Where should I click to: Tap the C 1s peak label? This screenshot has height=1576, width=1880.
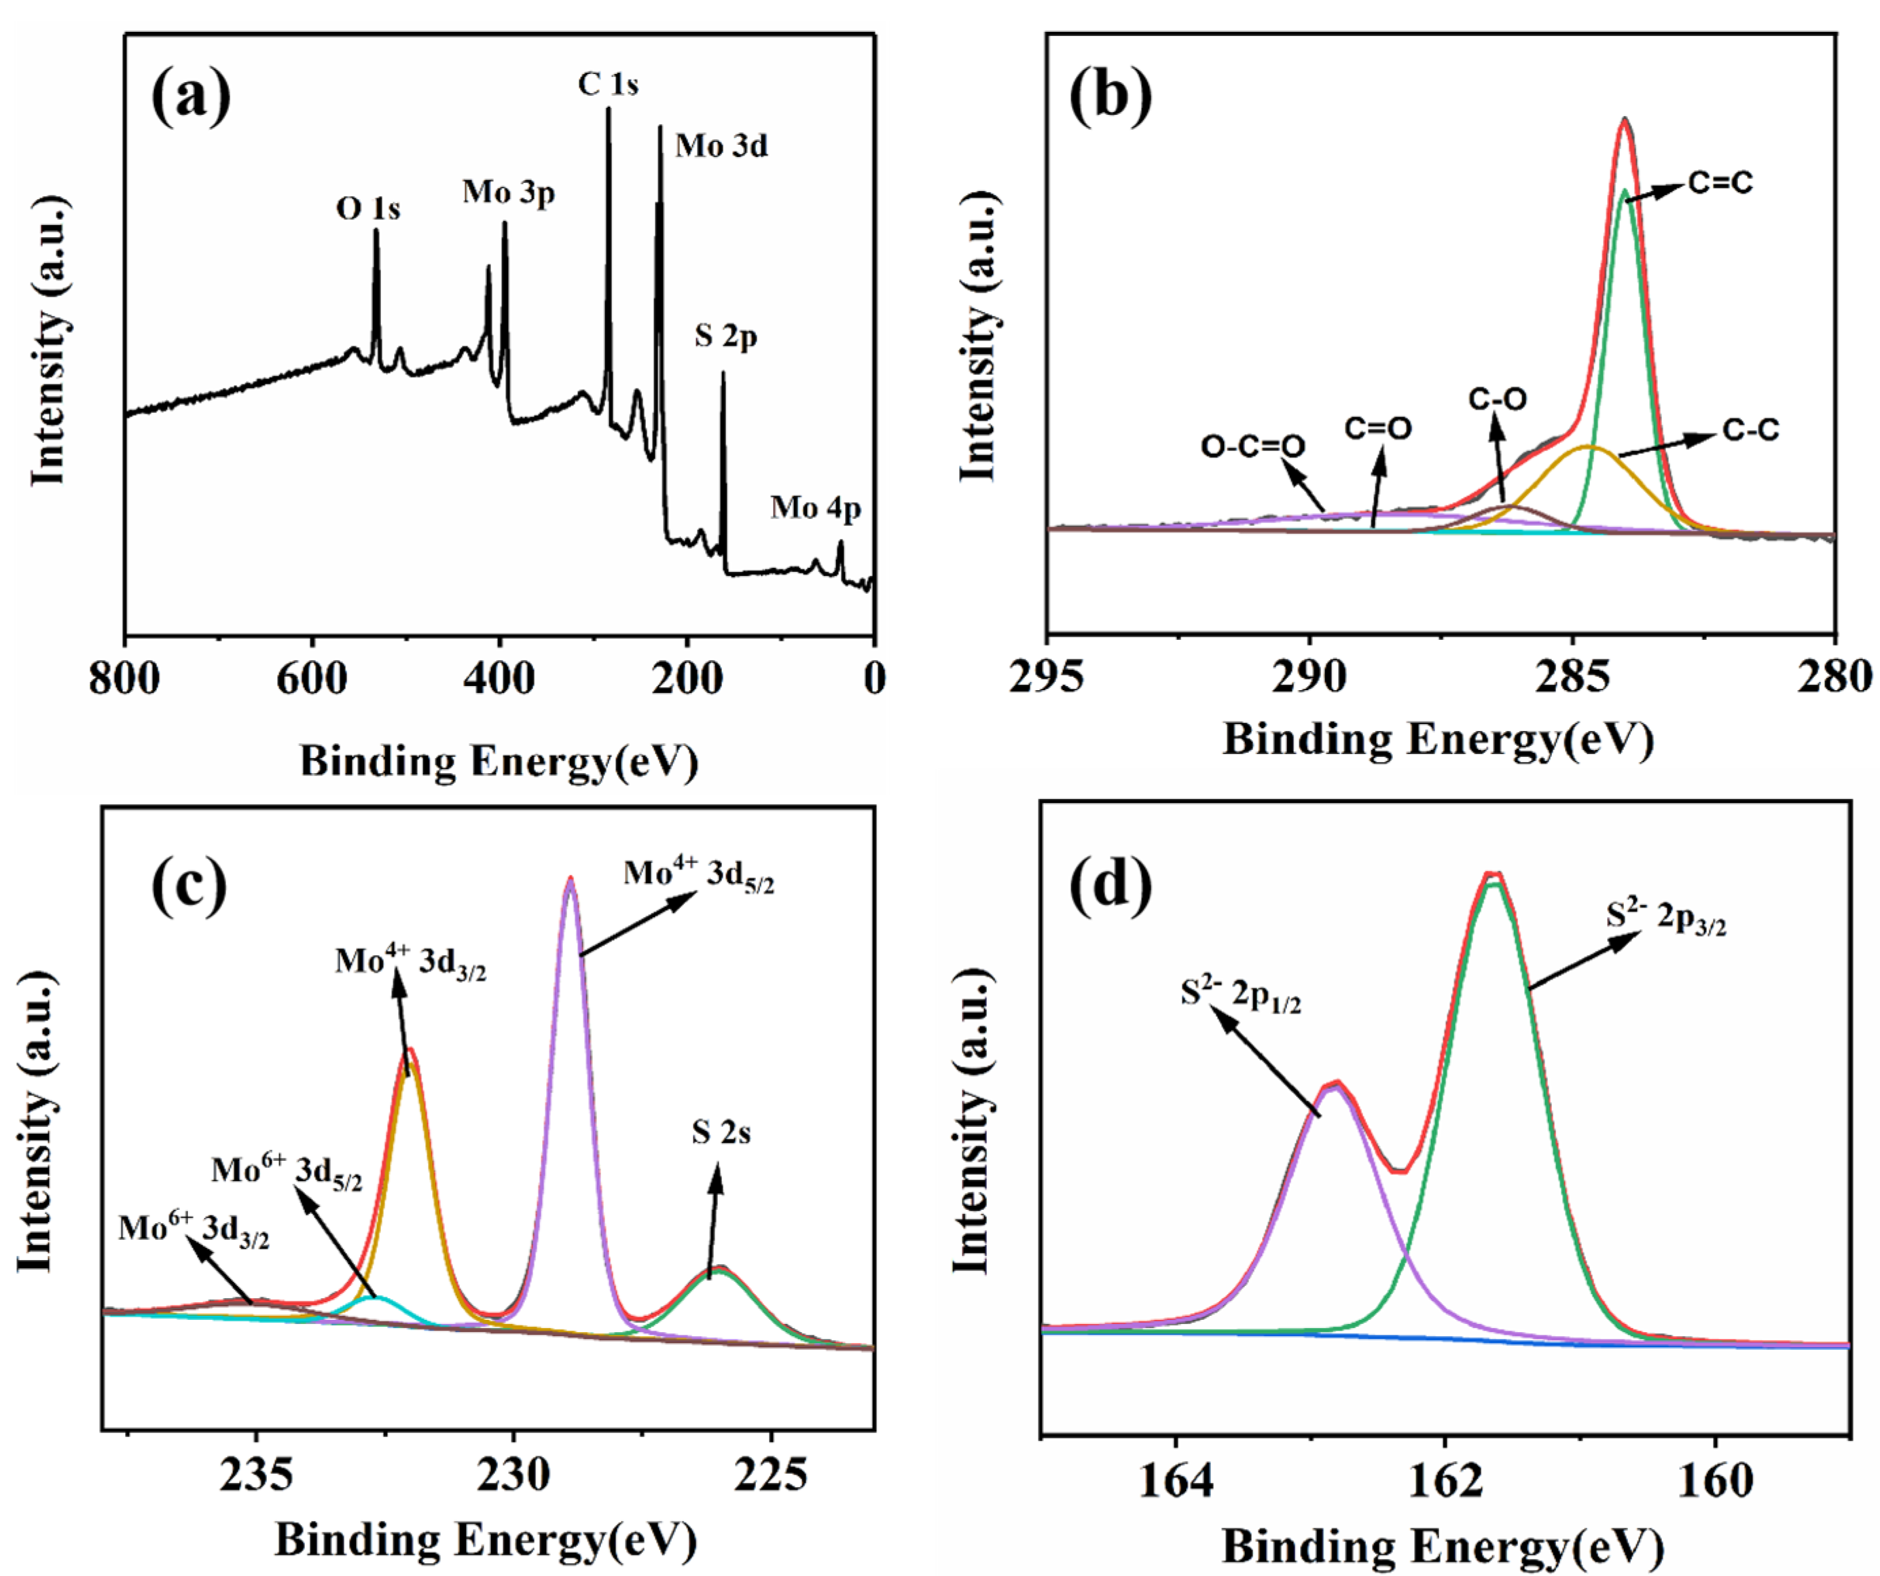[608, 84]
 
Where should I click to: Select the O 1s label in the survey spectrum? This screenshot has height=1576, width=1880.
[368, 209]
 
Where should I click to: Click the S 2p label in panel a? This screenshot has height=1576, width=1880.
[726, 337]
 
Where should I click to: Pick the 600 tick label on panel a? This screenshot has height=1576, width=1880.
[312, 679]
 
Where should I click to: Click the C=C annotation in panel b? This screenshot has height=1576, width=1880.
[1720, 183]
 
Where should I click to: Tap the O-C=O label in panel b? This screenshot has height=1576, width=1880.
[1252, 446]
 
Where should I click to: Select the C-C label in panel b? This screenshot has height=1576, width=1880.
[1750, 431]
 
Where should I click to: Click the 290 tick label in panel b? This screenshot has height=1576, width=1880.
[1309, 678]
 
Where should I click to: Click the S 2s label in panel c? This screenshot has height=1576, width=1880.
[721, 1133]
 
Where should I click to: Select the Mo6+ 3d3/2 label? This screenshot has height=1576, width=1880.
[194, 1230]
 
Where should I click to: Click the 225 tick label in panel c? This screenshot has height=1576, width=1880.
[771, 1475]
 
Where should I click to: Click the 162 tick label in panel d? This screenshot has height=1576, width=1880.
[1445, 1480]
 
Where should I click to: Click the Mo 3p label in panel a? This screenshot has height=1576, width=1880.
[509, 192]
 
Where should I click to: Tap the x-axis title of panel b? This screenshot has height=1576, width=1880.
[1438, 740]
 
